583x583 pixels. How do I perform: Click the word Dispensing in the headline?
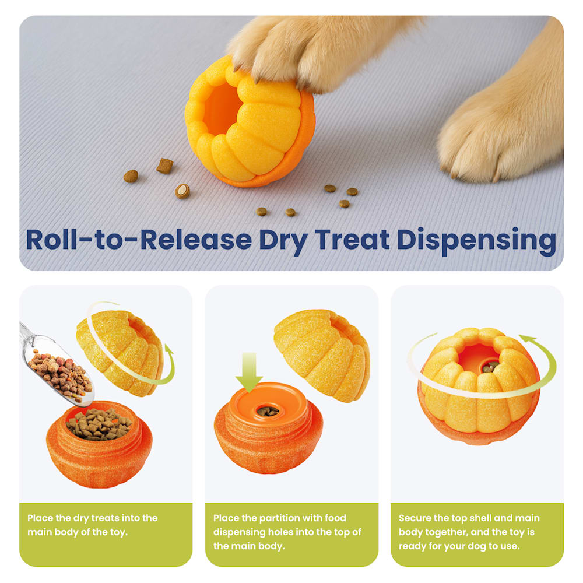pyautogui.click(x=476, y=241)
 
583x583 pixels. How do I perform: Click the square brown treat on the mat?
pyautogui.click(x=164, y=166)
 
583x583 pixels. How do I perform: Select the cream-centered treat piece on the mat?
pyautogui.click(x=182, y=191)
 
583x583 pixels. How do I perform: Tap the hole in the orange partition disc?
pyautogui.click(x=268, y=411)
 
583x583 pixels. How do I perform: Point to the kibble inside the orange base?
pyautogui.click(x=99, y=424)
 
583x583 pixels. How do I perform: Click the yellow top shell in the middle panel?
pyautogui.click(x=322, y=355)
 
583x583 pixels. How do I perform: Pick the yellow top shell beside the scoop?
pyautogui.click(x=120, y=353)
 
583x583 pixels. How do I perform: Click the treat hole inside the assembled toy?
pyautogui.click(x=490, y=367)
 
